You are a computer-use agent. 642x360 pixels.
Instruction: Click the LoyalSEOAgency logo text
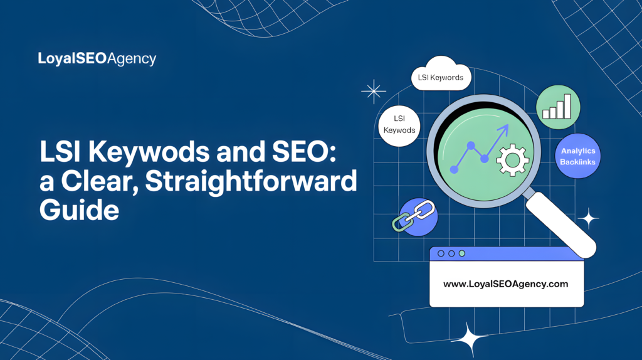point(97,60)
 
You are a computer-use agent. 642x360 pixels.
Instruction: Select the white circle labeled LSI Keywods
point(400,124)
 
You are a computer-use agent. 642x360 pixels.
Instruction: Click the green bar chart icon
point(558,107)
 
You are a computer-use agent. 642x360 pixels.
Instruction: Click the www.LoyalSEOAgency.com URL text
point(505,283)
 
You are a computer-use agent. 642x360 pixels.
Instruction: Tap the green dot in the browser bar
point(462,253)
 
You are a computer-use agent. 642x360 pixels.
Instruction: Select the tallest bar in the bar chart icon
point(567,106)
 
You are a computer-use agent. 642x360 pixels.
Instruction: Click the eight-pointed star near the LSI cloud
point(374,92)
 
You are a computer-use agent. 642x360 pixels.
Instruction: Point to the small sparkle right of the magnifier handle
point(588,218)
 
